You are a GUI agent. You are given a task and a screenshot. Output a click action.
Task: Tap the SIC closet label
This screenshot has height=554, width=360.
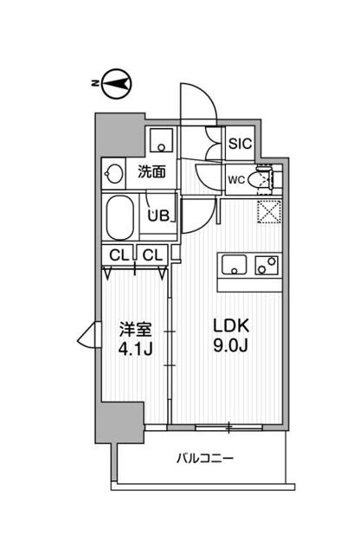pos(240,145)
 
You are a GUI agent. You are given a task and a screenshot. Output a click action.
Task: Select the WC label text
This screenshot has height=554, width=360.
pos(235,180)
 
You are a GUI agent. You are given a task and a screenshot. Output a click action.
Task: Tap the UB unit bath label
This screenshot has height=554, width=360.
pos(157,216)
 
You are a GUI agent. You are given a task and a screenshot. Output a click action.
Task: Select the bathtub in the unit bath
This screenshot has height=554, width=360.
pos(119,216)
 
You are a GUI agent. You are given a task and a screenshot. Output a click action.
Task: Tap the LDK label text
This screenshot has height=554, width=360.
pos(231,327)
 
